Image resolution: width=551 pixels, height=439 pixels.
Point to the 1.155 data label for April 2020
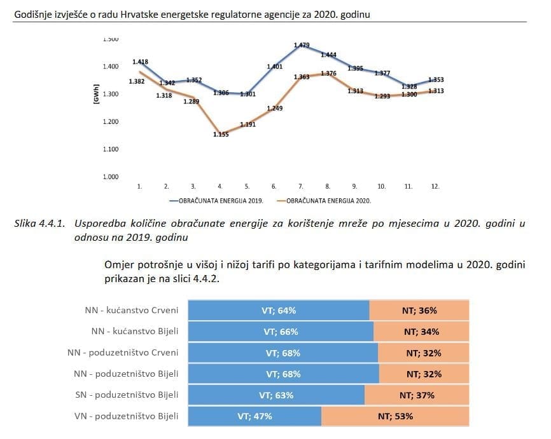tap(221, 134)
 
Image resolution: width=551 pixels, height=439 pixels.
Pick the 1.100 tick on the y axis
tap(110, 149)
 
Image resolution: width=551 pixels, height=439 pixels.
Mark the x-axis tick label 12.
tap(435, 187)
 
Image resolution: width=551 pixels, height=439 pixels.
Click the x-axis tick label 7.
tap(300, 187)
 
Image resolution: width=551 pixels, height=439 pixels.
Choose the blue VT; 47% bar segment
tap(255, 417)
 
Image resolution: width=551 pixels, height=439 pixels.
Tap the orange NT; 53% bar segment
tap(395, 417)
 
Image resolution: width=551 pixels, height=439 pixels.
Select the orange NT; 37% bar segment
tap(417, 395)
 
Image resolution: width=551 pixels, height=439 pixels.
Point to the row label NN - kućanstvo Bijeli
tap(134, 331)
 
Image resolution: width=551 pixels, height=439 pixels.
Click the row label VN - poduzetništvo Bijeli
tap(134, 416)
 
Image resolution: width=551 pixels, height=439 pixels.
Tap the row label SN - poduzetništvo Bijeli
tap(135, 395)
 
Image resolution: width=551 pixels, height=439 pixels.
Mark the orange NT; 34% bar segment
tap(421, 332)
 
